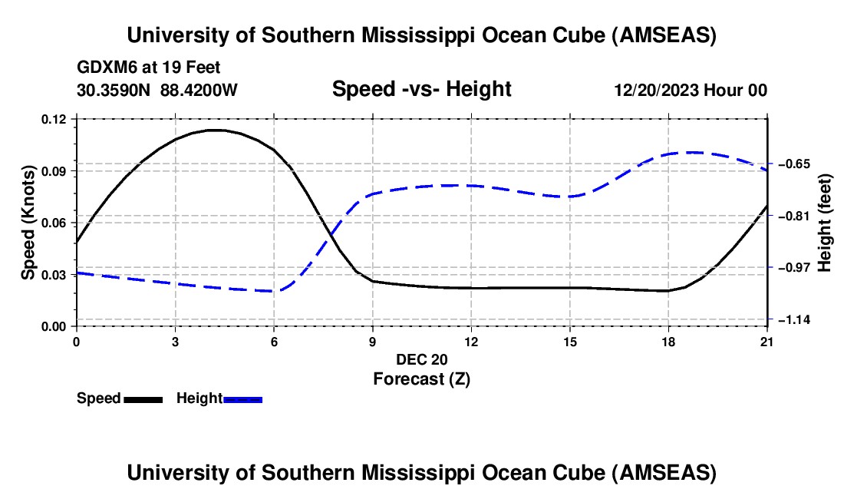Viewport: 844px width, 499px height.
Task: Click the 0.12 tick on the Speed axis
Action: click(55, 119)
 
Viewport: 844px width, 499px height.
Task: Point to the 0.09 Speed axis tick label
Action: click(55, 170)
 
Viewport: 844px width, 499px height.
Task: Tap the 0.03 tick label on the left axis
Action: click(55, 274)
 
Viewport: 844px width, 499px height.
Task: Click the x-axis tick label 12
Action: click(471, 341)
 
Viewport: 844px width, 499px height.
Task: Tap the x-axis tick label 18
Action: click(668, 341)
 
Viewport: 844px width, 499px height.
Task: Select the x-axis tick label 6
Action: click(274, 341)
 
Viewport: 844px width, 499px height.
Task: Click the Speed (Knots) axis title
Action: click(28, 223)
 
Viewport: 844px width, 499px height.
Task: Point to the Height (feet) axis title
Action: click(825, 223)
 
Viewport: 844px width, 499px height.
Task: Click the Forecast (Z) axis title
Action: click(421, 378)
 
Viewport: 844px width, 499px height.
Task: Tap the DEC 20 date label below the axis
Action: click(421, 359)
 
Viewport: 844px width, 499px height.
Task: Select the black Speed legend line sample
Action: click(143, 399)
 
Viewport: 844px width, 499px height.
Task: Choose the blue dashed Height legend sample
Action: click(243, 399)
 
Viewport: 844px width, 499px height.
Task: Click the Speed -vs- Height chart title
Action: click(421, 89)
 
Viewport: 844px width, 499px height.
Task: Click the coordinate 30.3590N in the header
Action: click(114, 90)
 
